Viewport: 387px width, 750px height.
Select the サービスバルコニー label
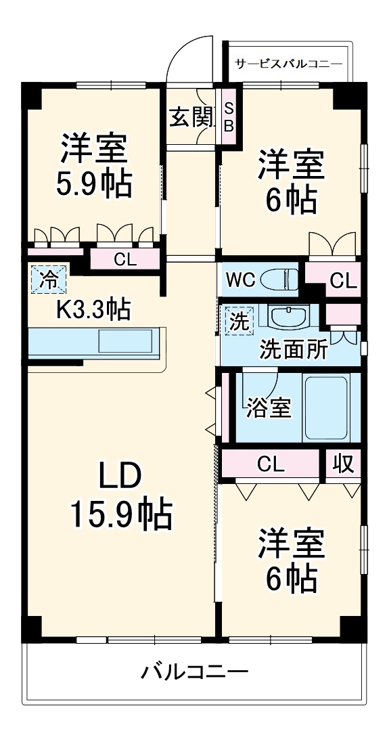coord(288,64)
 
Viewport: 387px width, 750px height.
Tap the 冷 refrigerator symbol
coord(47,279)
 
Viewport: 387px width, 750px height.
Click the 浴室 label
coord(269,408)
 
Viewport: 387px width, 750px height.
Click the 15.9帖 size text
coord(122,516)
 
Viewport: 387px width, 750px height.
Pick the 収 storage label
coord(343,464)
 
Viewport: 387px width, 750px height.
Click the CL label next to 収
coord(271,464)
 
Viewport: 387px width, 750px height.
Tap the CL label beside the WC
coord(342,281)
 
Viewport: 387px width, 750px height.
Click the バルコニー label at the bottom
coord(194,672)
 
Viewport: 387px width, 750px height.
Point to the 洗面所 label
coord(294,351)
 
